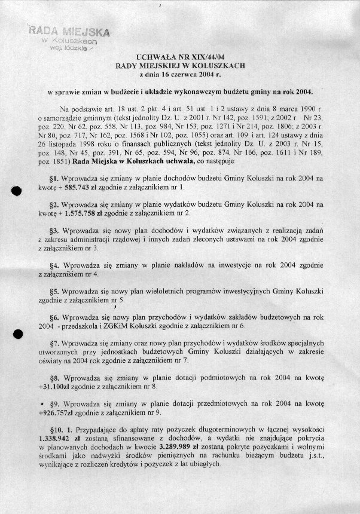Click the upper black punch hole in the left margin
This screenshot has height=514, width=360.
pos(17,190)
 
